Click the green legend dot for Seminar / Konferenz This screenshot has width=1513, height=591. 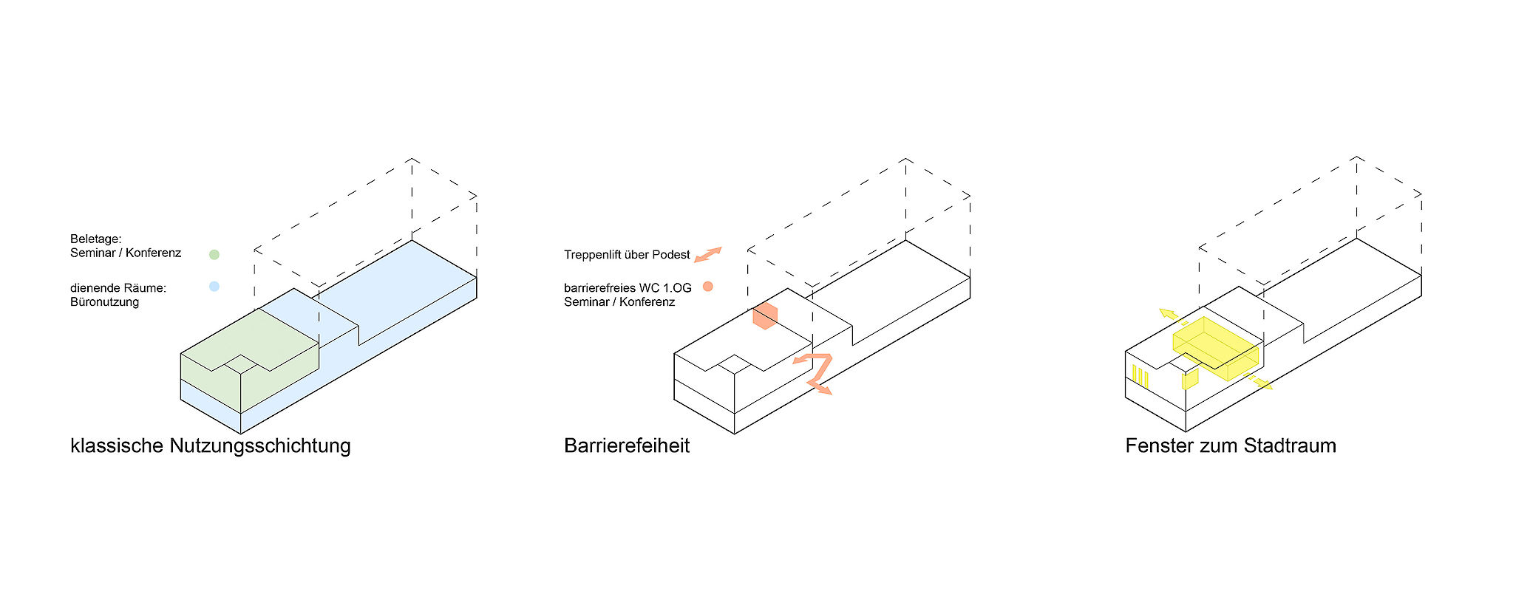pos(214,255)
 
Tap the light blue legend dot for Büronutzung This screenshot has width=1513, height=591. pos(214,287)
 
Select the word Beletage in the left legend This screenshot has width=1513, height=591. pos(95,239)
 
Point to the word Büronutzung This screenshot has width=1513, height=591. pos(104,302)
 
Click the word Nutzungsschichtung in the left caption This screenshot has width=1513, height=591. pos(260,446)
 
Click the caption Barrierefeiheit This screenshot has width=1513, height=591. pos(627,446)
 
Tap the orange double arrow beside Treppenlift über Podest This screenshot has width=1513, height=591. pos(708,255)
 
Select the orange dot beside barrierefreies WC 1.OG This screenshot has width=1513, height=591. pos(708,287)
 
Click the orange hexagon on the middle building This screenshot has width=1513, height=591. pos(765,315)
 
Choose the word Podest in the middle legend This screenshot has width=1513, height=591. pos(671,255)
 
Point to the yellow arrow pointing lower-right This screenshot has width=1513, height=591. pos(1260,383)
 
